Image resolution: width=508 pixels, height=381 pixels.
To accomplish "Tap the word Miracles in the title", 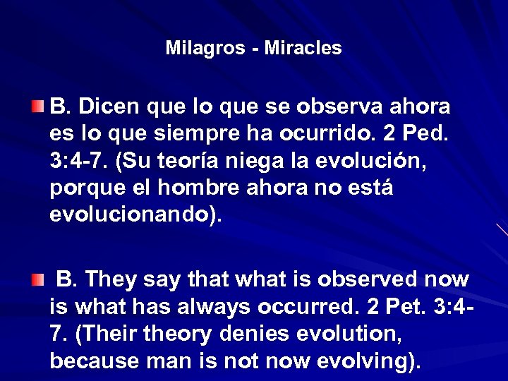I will (303, 48).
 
